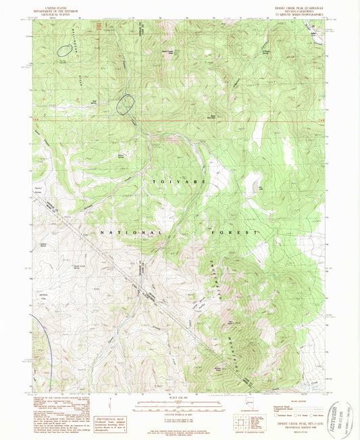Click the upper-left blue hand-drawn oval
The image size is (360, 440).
(65, 49)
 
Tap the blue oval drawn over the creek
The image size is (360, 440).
(126, 103)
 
